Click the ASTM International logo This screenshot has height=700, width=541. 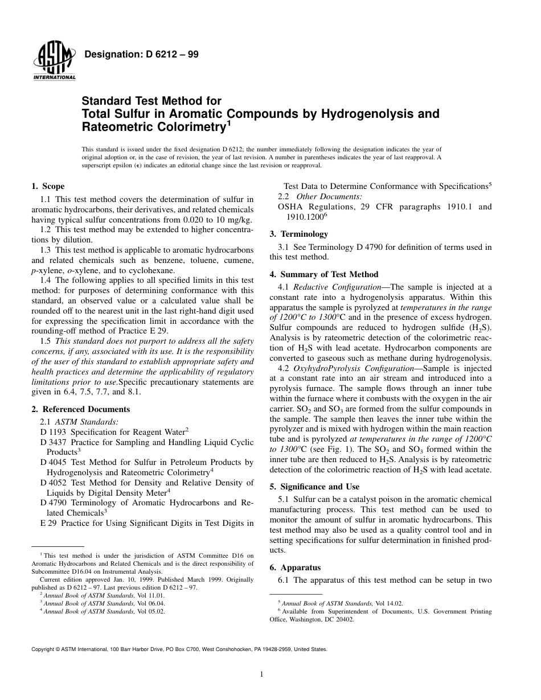54,61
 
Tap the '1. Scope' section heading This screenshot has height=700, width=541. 48,186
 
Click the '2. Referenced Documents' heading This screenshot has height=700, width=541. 80,409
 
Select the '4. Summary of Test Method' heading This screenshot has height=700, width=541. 323,274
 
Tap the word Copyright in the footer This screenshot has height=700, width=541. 44,649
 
